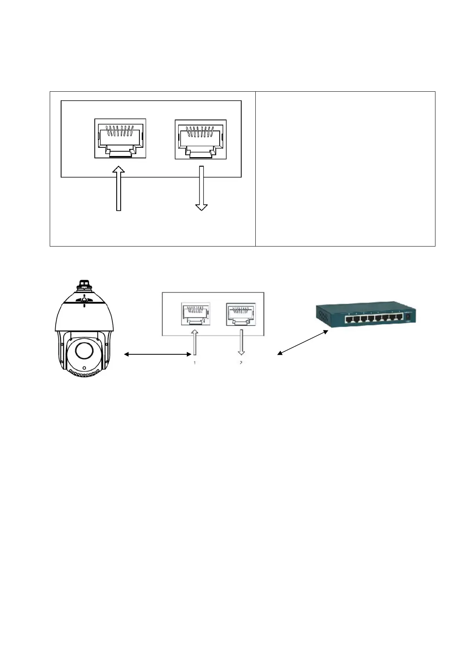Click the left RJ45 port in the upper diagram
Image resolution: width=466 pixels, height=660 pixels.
pos(120,138)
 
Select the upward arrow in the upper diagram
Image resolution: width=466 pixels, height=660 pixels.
pos(118,189)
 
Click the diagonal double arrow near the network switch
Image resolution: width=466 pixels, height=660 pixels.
pos(303,343)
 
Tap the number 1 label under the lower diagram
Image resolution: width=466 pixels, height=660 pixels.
pos(195,363)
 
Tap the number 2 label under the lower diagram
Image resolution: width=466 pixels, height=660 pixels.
pos(241,363)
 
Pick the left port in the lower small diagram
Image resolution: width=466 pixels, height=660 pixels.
pos(195,314)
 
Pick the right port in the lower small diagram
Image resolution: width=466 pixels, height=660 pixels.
pos(240,314)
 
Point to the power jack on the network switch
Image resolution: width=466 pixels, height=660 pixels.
pos(409,316)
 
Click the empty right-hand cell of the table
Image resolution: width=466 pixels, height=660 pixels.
pos(345,169)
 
